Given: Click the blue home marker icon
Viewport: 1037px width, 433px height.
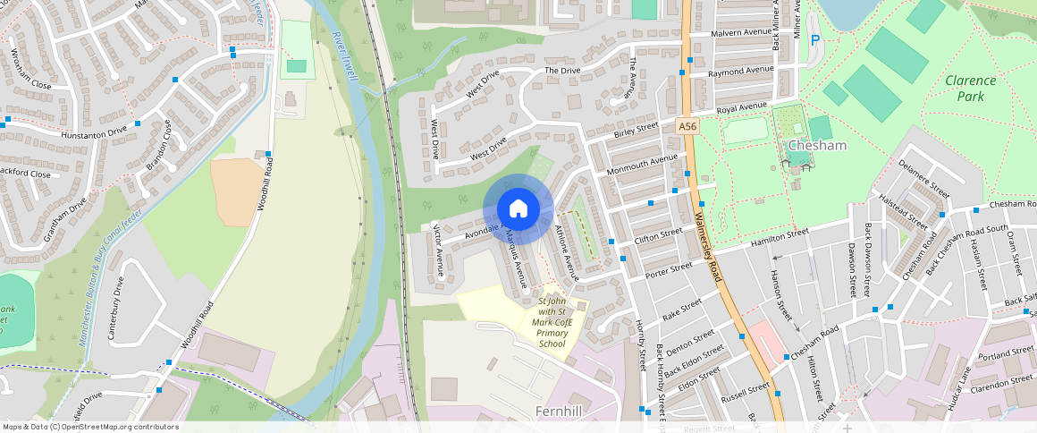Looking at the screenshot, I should click(x=518, y=209).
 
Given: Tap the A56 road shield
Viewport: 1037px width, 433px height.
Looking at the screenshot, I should click(x=687, y=127).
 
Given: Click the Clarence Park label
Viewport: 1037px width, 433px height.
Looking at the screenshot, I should click(x=970, y=88).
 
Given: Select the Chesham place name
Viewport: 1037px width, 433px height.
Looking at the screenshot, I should click(x=816, y=146).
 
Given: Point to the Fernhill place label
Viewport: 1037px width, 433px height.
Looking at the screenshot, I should click(x=564, y=411).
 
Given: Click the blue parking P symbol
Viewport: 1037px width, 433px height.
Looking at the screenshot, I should click(x=814, y=40).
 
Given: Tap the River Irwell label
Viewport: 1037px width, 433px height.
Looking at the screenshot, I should click(x=344, y=56).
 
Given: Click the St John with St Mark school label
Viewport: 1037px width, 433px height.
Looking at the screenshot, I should click(x=552, y=323).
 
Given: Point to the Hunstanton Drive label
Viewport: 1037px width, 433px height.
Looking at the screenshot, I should click(x=94, y=133).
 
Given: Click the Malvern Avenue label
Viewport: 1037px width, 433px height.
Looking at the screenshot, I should click(x=739, y=33).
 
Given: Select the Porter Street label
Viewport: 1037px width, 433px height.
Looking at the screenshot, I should click(x=669, y=269).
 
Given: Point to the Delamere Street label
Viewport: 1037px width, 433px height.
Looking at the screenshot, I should click(x=923, y=178).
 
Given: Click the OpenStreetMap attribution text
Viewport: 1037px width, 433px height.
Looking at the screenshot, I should click(x=91, y=427).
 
